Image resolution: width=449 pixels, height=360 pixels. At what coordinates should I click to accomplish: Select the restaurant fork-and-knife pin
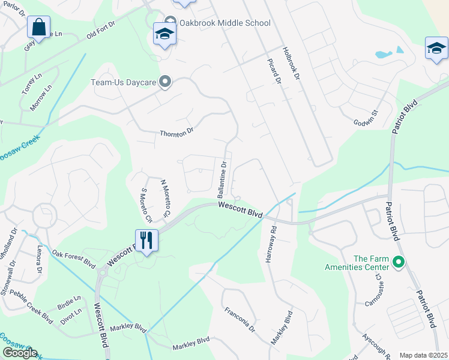coord(146,241)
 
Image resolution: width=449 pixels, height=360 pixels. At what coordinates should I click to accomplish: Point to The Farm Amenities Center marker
coord(397,262)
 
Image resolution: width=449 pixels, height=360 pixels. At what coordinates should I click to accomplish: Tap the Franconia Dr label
coord(240,321)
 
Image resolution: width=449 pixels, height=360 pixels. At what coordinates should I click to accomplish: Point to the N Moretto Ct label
coord(165,197)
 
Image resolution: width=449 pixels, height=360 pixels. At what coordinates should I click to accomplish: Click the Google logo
coord(19,353)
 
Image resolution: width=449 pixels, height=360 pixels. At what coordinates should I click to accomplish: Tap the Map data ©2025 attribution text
coord(423,355)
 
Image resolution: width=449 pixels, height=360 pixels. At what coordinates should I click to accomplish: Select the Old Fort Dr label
coord(100,31)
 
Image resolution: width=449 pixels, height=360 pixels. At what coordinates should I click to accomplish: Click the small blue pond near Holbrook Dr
coord(384,54)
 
